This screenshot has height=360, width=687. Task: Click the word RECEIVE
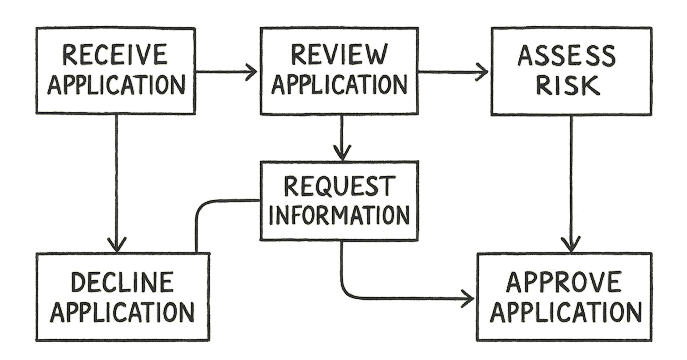coord(114,55)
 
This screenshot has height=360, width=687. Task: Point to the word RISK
coord(567,85)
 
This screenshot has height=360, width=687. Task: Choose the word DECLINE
coord(122,282)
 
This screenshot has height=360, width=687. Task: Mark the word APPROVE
coord(564,282)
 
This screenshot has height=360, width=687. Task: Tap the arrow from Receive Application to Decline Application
coord(116,183)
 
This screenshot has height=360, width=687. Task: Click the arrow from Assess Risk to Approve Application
coord(571,183)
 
